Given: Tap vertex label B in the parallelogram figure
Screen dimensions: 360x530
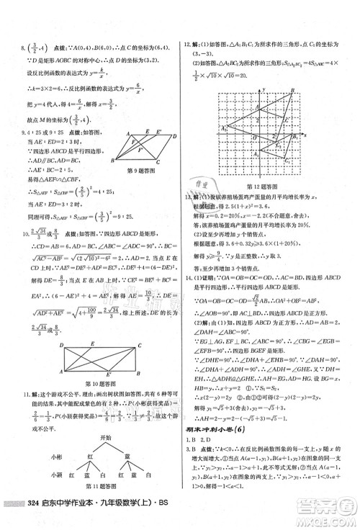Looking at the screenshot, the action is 117,162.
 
